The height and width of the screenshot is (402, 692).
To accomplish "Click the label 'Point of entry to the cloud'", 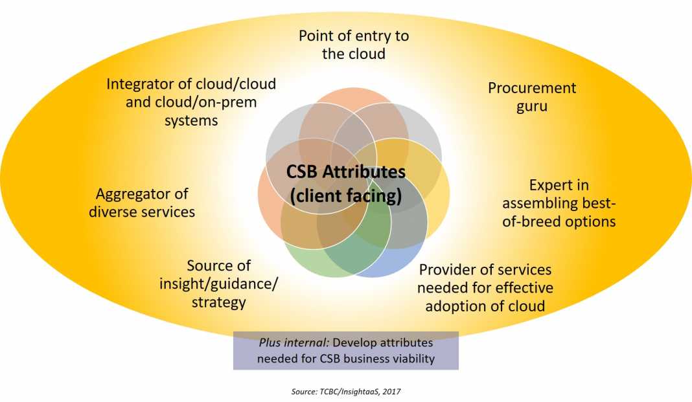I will coord(353,45).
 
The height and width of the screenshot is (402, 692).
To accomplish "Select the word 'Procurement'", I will coord(531,88).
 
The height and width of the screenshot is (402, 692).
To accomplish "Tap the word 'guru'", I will coord(531,106).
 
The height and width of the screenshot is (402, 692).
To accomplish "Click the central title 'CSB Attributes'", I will coord(346,173).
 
